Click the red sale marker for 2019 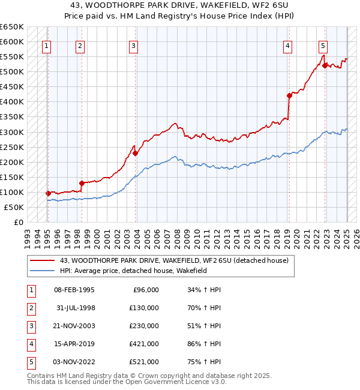click(x=289, y=95)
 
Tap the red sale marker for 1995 click(x=47, y=193)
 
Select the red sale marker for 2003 click(x=136, y=153)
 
